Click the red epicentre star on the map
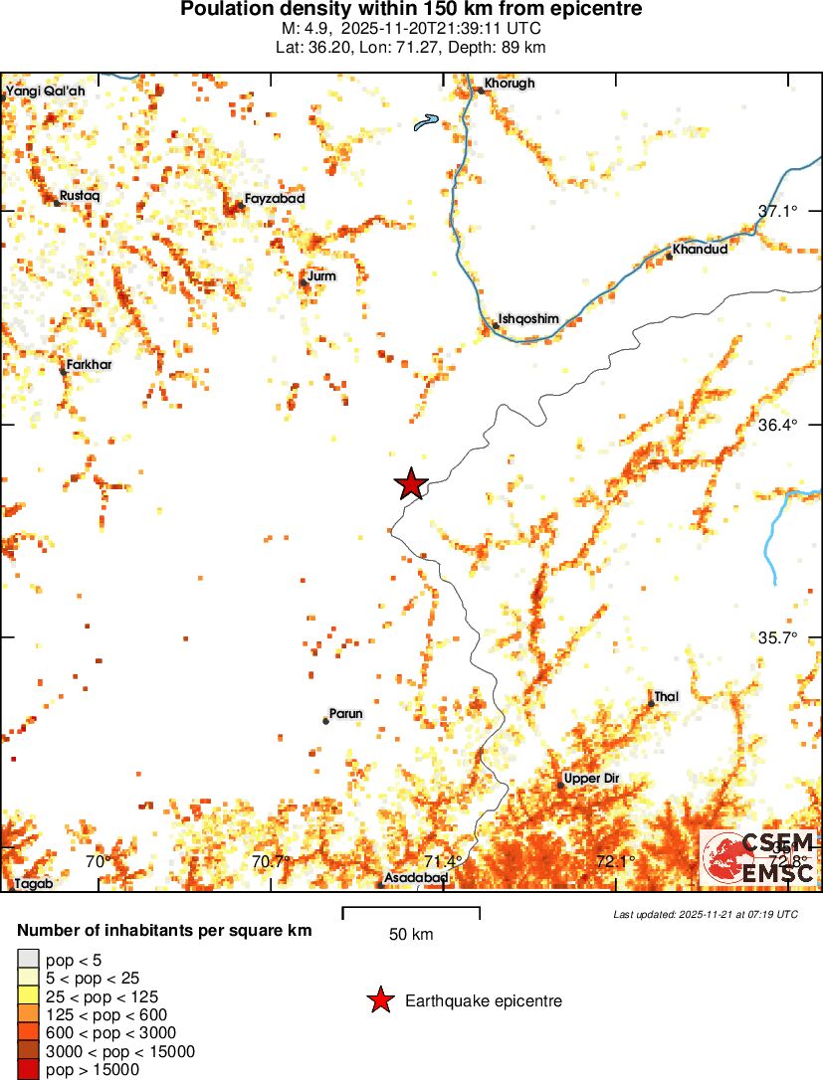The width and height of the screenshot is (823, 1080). click(411, 484)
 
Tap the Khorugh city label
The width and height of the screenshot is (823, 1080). click(510, 84)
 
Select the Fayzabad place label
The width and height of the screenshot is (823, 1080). click(275, 199)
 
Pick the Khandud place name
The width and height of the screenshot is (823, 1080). click(700, 249)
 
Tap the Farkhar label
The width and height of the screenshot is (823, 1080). click(89, 365)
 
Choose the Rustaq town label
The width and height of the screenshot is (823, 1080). click(81, 196)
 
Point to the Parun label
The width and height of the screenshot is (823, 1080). click(346, 714)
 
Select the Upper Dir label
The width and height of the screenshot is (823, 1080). click(591, 779)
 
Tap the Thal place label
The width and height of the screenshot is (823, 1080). click(667, 697)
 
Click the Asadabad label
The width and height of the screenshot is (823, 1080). click(417, 878)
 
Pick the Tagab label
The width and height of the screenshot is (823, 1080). click(34, 883)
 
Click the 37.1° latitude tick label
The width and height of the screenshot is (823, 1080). click(779, 211)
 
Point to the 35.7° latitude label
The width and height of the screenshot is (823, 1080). click(779, 637)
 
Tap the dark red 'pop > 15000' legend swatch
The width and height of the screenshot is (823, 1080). click(29, 1069)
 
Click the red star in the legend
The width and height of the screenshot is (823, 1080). click(380, 1001)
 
